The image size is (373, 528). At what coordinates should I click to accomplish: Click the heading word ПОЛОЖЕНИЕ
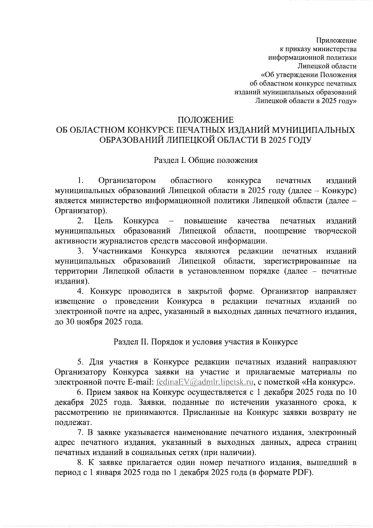point(205,120)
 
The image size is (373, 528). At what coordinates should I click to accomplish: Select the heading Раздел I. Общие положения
point(205,160)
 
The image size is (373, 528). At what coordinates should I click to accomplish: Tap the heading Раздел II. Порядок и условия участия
point(205,342)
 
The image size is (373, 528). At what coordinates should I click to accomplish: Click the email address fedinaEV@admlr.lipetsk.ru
point(205,382)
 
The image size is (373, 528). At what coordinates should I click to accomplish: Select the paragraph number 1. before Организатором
point(81,181)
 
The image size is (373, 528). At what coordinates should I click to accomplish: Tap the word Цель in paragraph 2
point(103,221)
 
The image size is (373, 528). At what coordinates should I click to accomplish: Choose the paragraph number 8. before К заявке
point(81,463)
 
